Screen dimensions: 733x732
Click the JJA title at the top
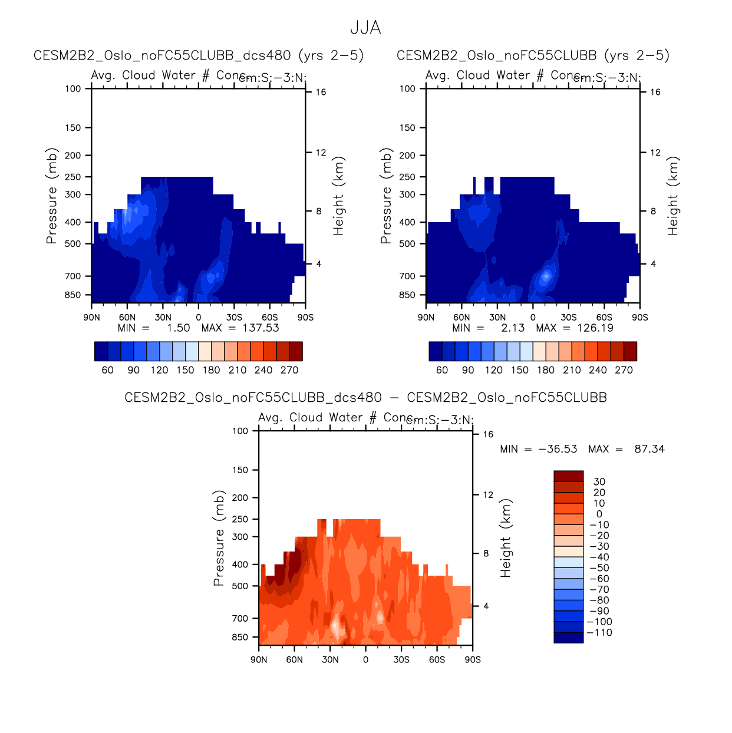click(x=365, y=28)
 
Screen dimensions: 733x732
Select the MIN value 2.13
click(x=512, y=328)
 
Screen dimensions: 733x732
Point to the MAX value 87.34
click(x=649, y=449)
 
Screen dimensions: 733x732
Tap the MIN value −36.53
click(x=558, y=449)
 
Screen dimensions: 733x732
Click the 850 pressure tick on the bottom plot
click(x=240, y=638)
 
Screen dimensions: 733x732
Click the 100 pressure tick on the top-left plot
click(x=73, y=89)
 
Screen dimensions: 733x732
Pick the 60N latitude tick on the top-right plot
click(x=461, y=318)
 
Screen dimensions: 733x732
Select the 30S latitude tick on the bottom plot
click(x=401, y=660)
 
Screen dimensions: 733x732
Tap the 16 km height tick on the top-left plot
click(x=321, y=92)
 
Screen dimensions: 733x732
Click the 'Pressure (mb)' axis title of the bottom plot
click(x=219, y=538)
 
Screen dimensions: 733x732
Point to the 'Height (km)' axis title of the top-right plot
click(x=673, y=196)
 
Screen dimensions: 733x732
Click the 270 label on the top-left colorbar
click(x=289, y=370)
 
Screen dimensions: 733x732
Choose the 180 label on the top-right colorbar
click(x=546, y=370)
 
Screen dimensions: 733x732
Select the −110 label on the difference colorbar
click(x=599, y=633)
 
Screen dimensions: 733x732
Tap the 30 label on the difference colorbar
click(x=599, y=482)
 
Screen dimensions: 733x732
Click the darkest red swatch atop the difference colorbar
click(x=569, y=476)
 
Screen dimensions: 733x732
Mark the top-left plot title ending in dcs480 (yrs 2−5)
click(x=199, y=55)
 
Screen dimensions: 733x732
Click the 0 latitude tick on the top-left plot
click(x=199, y=318)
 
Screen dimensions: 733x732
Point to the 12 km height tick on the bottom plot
click(x=488, y=495)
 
